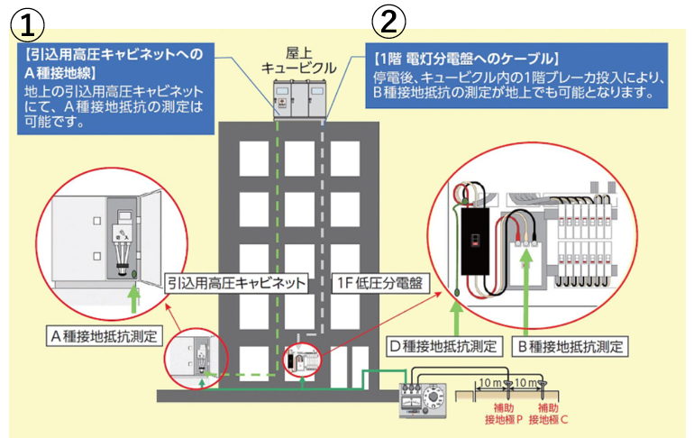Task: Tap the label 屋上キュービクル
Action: (298, 59)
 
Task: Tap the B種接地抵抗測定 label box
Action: (573, 345)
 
